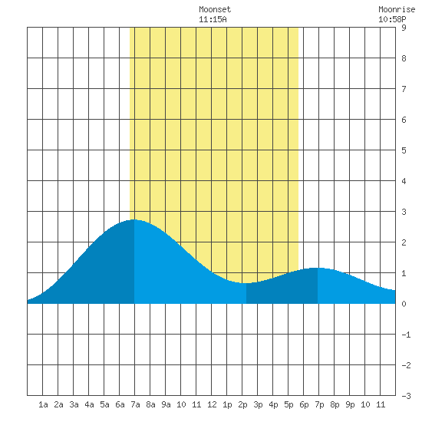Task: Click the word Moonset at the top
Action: tap(215, 9)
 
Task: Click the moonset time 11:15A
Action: tap(213, 19)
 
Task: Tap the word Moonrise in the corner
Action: tap(397, 9)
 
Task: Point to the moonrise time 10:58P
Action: tap(392, 19)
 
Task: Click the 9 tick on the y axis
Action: tap(404, 28)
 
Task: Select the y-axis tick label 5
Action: tap(404, 150)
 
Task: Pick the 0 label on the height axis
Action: tap(404, 304)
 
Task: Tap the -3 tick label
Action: tap(406, 396)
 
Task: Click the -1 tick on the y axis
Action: tap(406, 335)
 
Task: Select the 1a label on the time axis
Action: tap(43, 404)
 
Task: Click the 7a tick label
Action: tap(135, 404)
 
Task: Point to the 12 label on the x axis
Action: tap(212, 404)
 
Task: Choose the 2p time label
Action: tap(242, 404)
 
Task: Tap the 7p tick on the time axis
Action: tap(319, 404)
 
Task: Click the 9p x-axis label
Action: tap(350, 404)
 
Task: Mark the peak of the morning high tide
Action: tap(134, 219)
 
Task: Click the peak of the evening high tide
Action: tap(318, 268)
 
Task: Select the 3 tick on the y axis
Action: tap(404, 212)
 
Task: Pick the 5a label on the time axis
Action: tap(104, 404)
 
